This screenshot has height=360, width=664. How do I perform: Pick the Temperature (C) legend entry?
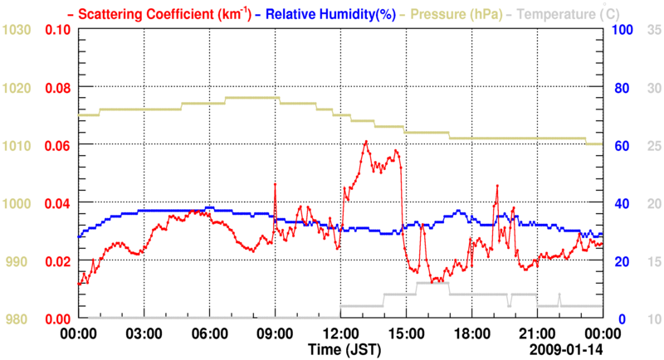[x=565, y=13]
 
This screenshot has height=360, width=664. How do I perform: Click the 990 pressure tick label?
[x=17, y=261]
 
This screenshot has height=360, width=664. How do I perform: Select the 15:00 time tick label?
[x=405, y=333]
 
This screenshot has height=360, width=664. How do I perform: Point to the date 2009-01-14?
[x=569, y=348]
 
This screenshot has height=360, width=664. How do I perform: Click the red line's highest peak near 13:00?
[x=365, y=142]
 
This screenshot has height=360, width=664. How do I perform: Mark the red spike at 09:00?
[x=275, y=185]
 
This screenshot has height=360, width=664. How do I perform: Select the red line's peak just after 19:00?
[x=497, y=186]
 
